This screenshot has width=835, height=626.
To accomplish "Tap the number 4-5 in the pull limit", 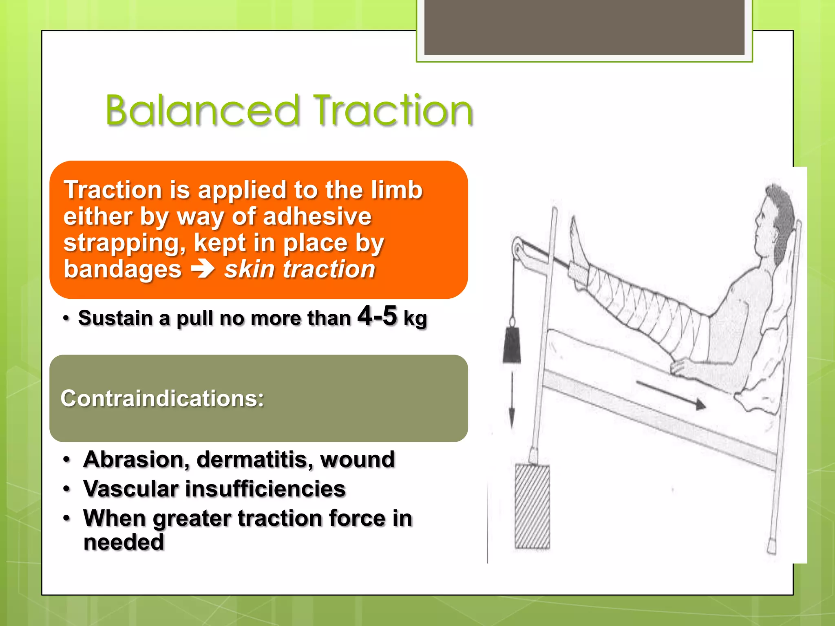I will [x=377, y=316].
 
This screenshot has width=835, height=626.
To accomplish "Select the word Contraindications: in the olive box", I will [x=162, y=398].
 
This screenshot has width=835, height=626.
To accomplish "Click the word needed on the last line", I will [x=124, y=542].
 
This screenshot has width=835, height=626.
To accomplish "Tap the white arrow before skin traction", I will [x=203, y=269].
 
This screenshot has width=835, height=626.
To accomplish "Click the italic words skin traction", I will [x=300, y=269].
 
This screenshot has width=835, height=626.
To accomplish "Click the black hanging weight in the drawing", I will [x=512, y=345].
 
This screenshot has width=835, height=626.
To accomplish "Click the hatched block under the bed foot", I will [x=532, y=507].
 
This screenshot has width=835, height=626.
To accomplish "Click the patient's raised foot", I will [x=577, y=245].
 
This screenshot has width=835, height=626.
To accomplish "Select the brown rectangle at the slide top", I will [x=584, y=27].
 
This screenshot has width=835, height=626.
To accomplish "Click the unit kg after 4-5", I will [x=415, y=318].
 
